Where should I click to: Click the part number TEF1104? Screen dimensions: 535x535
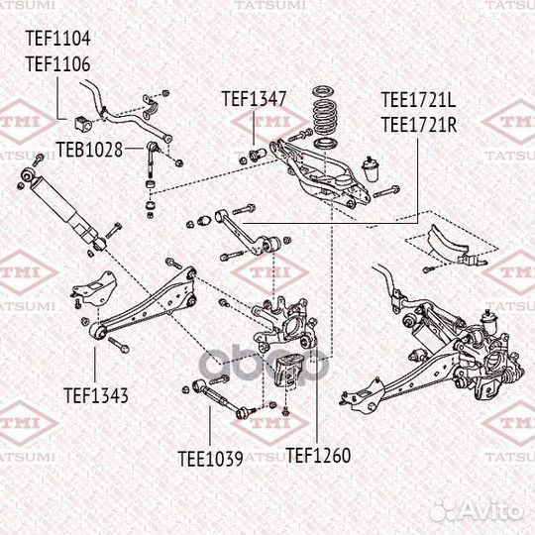(57, 40)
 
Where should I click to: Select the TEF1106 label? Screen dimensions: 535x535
(57, 63)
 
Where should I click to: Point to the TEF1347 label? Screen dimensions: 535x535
(254, 99)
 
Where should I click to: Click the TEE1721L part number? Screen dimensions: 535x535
(419, 101)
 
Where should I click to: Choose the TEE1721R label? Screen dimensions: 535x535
(419, 124)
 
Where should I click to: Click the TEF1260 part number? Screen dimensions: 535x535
(318, 457)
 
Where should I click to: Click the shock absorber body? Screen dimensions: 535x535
(70, 213)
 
